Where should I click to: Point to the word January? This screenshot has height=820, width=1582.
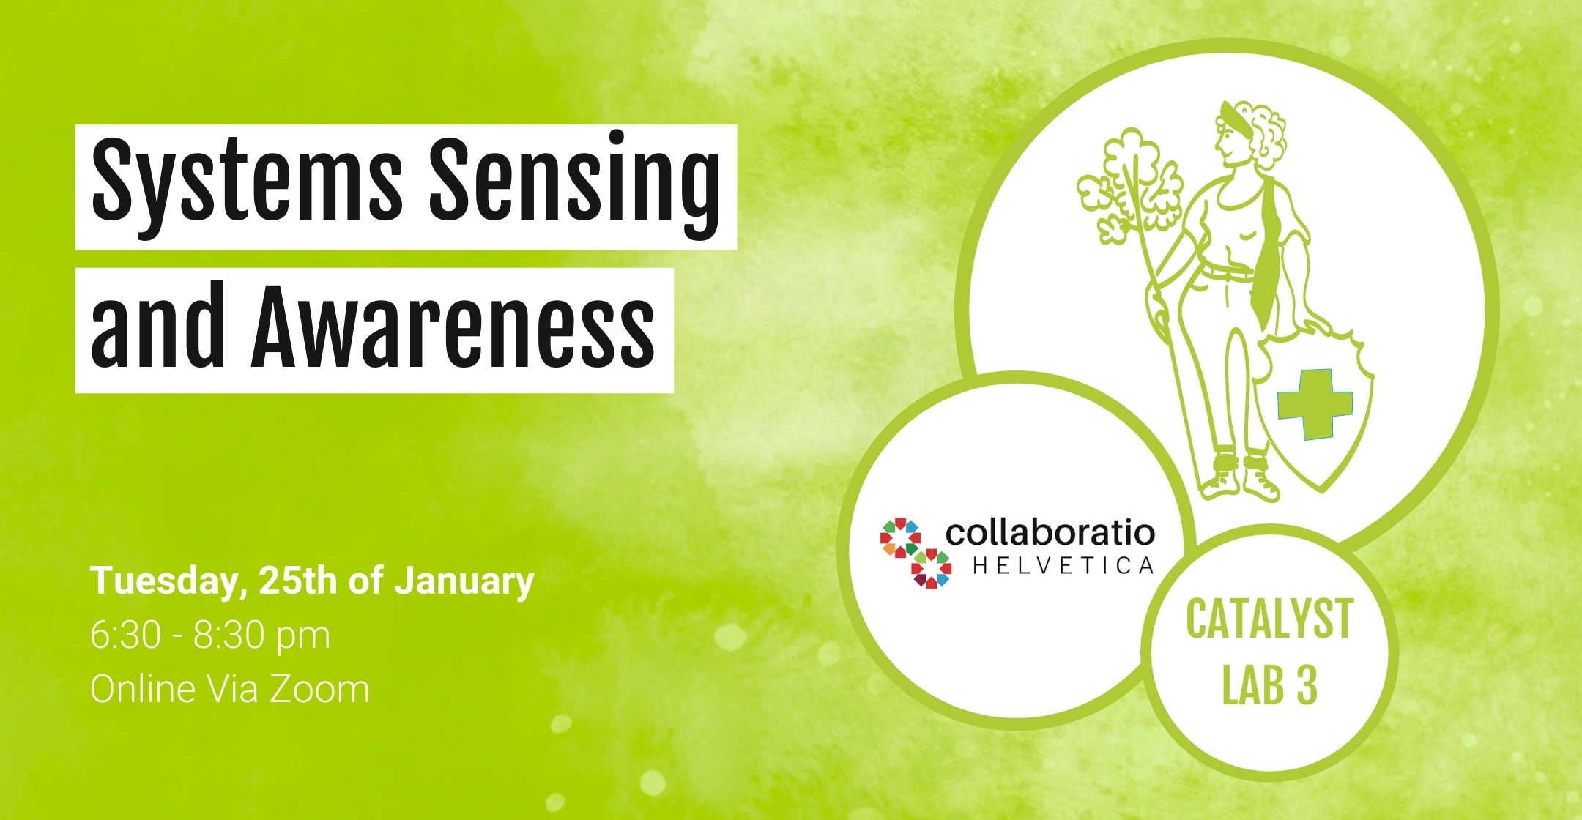tap(464, 582)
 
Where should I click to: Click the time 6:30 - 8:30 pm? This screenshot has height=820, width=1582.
tap(210, 635)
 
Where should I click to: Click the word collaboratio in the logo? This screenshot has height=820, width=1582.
tap(1050, 532)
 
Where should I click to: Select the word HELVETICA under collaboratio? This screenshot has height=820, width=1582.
tap(1063, 566)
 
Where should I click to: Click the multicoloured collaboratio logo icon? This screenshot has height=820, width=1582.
tap(916, 553)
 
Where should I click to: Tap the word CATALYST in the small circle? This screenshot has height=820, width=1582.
tap(1269, 619)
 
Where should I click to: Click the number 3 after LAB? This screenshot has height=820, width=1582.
tap(1307, 686)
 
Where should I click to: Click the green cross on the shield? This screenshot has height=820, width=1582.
tap(1315, 404)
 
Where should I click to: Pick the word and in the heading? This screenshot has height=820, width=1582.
tap(157, 325)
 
